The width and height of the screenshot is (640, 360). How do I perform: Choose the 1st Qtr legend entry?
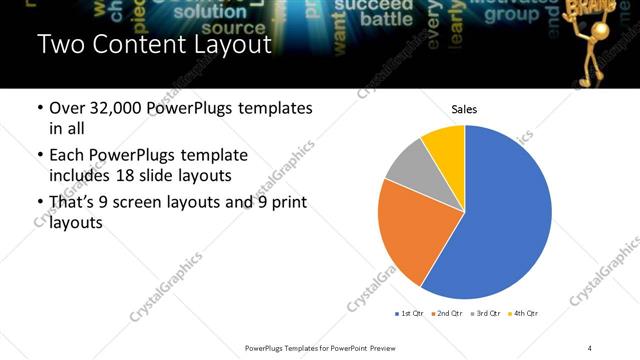[411, 314]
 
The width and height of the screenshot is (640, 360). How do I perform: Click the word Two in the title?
[58, 45]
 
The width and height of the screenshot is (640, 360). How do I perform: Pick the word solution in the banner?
[210, 12]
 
